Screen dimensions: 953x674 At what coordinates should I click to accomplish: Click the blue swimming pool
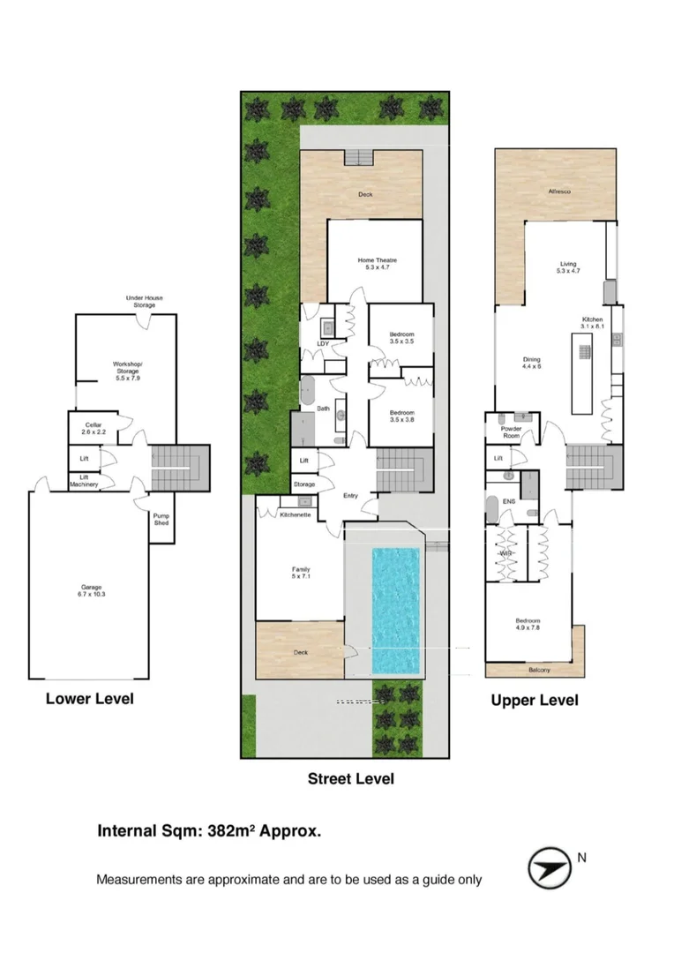(x=395, y=610)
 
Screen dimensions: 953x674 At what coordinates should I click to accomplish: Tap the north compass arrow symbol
(x=549, y=868)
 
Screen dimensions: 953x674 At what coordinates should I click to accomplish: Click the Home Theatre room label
(x=377, y=264)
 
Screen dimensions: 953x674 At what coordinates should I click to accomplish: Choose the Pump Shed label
(x=161, y=520)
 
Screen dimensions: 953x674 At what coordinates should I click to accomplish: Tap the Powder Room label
(x=511, y=432)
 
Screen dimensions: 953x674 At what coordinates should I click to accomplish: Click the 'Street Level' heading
(x=350, y=778)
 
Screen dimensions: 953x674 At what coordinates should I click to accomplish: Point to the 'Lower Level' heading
(x=90, y=699)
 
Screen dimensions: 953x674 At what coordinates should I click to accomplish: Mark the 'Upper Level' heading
(x=535, y=700)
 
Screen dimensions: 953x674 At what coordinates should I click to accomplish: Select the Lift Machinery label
(x=84, y=481)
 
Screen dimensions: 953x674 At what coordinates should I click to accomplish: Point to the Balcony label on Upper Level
(x=538, y=670)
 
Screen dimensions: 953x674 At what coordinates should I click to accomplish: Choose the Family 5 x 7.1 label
(x=296, y=574)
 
